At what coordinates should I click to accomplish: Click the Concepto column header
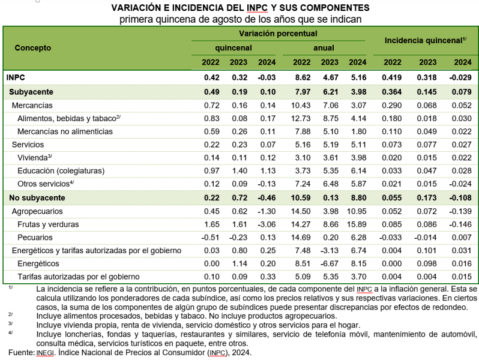[x=32, y=48]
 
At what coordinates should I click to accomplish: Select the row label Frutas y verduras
[x=48, y=224]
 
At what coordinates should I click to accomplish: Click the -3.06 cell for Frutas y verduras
[x=267, y=224]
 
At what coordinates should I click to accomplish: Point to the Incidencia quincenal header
[x=426, y=40]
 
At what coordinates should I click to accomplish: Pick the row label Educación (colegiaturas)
[x=61, y=170]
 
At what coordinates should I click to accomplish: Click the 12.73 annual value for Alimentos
[x=301, y=118]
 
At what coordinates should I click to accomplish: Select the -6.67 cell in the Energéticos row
[x=330, y=263]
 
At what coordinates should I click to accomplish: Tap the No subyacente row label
[x=37, y=198]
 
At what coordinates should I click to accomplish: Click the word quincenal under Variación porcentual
[x=233, y=48]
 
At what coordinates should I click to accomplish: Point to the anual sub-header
[x=324, y=48]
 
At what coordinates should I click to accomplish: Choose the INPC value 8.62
[x=303, y=77]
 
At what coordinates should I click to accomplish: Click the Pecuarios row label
[x=35, y=238]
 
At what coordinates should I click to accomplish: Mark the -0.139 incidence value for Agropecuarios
[x=460, y=211]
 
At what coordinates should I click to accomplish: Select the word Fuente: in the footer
[x=22, y=353]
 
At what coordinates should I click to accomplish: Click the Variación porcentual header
[x=278, y=34]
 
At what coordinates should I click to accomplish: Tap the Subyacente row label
[x=31, y=92]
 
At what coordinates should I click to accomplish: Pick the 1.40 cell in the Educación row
[x=239, y=170]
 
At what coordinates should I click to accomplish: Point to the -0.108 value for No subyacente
[x=460, y=198]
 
